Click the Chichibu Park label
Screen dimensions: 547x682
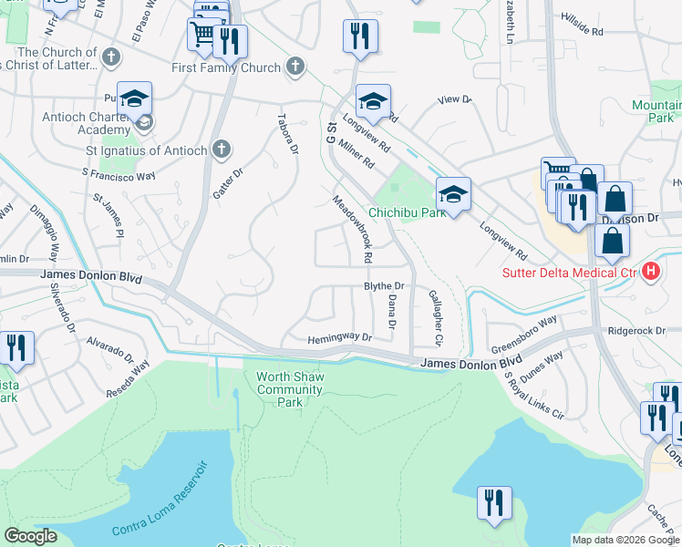[x=407, y=212]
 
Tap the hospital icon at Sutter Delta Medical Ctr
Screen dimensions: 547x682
[x=651, y=271]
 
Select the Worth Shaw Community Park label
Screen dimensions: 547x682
[x=290, y=389]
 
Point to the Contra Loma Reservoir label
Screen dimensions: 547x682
[x=160, y=501]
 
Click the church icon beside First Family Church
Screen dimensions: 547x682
[x=294, y=66]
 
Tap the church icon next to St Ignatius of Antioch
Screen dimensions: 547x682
[x=221, y=150]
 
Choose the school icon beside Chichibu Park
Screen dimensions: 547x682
[x=453, y=192]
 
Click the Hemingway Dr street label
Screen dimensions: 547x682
[x=340, y=337]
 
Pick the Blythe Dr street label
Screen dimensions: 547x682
[x=384, y=286]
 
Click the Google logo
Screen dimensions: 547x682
[x=31, y=536]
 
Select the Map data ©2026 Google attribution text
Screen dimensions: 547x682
[x=625, y=540]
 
